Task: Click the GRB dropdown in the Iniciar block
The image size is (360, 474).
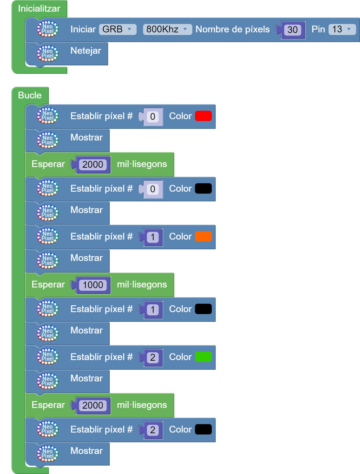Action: (117, 29)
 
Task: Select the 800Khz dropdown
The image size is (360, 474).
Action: (167, 29)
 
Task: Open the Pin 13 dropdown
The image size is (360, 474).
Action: (342, 29)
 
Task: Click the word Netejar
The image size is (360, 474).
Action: (85, 51)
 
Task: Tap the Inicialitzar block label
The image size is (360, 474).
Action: (39, 9)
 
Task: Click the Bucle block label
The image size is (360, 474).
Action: (30, 96)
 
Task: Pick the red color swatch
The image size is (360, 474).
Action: (203, 116)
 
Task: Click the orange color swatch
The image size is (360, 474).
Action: (203, 237)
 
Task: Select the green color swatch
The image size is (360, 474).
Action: (203, 357)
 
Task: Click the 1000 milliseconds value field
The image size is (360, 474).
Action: (93, 285)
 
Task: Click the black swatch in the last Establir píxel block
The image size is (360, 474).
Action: (203, 430)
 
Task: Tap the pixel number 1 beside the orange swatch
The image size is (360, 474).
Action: (153, 237)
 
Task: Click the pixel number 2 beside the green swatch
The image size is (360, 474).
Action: (153, 357)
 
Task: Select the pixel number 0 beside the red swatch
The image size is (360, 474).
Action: (153, 117)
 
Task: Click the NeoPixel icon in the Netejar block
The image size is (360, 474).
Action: (48, 53)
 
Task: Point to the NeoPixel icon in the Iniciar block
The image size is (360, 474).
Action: (48, 29)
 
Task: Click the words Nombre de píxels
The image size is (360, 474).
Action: (232, 29)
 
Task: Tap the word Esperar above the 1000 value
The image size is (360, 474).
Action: (48, 285)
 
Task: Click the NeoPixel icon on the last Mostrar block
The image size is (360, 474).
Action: (48, 454)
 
